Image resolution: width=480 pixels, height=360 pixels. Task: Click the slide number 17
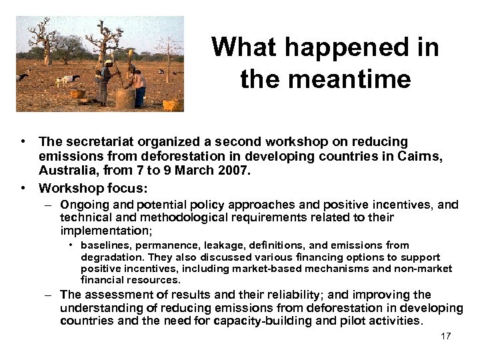(x=446, y=336)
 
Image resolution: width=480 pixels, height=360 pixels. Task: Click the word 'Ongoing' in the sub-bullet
(x=83, y=205)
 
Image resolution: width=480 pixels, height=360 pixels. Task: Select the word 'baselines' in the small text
(x=107, y=245)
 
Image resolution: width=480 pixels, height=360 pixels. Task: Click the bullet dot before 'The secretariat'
(x=23, y=141)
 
